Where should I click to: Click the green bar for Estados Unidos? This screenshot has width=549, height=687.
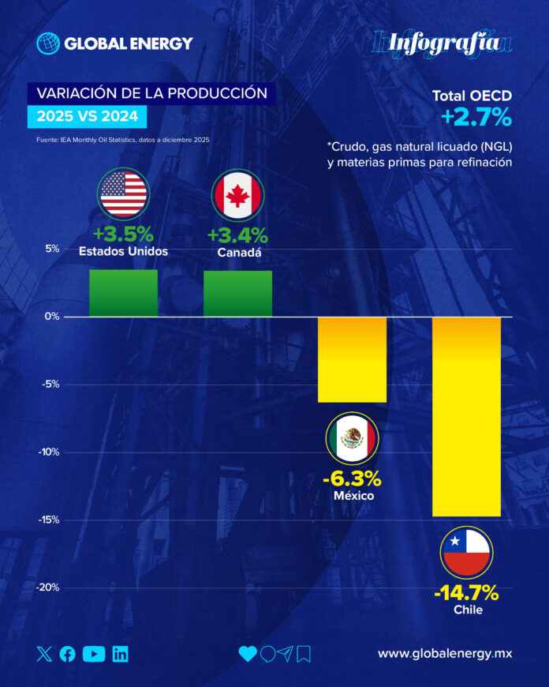point(123,293)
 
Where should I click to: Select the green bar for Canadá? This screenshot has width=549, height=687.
point(237,294)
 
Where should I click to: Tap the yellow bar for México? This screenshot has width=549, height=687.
point(352,359)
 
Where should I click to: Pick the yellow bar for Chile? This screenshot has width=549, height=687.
point(466,416)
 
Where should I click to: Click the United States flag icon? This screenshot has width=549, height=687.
point(123,194)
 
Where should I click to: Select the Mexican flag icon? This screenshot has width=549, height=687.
point(352,439)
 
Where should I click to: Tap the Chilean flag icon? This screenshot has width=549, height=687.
point(466,553)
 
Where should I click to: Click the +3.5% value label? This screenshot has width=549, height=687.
point(123,235)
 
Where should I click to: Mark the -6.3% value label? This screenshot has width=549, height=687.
point(352,479)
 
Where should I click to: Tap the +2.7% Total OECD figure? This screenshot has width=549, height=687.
point(476,118)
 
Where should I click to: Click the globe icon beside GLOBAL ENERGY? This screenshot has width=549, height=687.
point(48,43)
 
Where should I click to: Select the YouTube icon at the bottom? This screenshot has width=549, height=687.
point(94,654)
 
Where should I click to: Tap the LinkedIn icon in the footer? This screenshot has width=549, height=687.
point(120,654)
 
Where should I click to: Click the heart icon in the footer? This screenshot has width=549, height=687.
point(248,654)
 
